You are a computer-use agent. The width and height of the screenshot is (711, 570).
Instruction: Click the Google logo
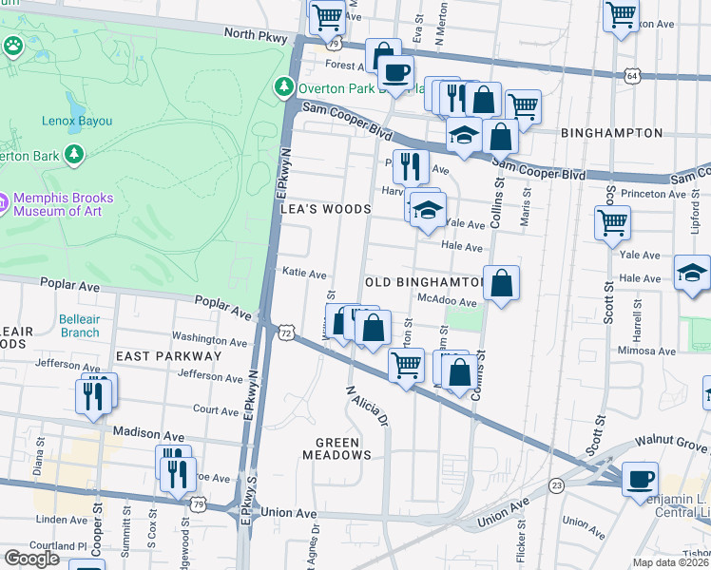(x=31, y=558)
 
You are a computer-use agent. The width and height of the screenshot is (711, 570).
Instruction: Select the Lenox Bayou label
(x=76, y=122)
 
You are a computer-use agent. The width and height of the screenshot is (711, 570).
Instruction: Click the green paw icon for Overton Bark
(x=13, y=46)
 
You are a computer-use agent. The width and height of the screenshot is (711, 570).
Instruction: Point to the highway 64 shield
(x=633, y=74)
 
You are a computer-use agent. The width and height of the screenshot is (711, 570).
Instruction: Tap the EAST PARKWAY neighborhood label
(x=168, y=355)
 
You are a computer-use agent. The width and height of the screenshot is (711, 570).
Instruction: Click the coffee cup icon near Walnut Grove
(x=640, y=478)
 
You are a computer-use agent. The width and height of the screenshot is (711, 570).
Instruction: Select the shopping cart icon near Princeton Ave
(x=612, y=223)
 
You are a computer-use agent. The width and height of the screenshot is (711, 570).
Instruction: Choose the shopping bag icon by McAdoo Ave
(x=501, y=283)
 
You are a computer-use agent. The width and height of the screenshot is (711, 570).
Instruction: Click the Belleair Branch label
(x=79, y=326)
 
